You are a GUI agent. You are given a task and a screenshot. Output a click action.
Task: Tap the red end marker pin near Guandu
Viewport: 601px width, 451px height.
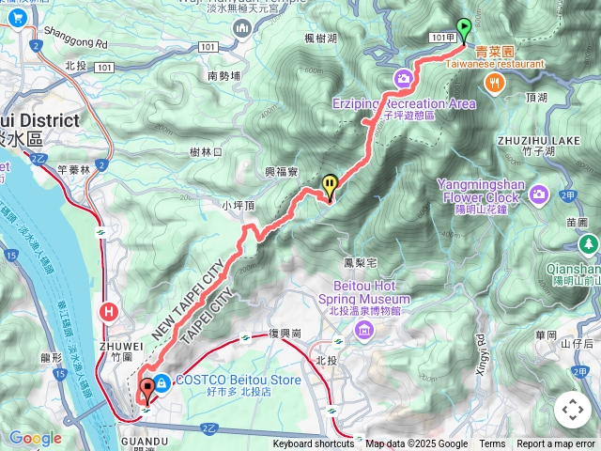(x=146, y=389)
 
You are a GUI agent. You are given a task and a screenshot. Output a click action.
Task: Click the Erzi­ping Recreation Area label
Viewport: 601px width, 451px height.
(x=403, y=103)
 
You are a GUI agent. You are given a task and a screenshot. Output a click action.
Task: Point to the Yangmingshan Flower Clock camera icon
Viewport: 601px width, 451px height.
(x=538, y=194)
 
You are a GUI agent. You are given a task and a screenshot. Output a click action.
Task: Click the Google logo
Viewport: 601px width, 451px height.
(x=35, y=438)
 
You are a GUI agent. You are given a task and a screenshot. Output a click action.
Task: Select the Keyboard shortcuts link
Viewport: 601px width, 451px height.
(x=314, y=444)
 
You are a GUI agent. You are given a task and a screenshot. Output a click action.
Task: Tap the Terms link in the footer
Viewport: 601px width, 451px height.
(x=492, y=444)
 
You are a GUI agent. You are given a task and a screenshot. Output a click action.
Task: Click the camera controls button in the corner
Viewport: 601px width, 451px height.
(x=573, y=410)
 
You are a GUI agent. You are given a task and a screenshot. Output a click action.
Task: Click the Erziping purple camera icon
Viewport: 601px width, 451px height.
(x=403, y=78)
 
